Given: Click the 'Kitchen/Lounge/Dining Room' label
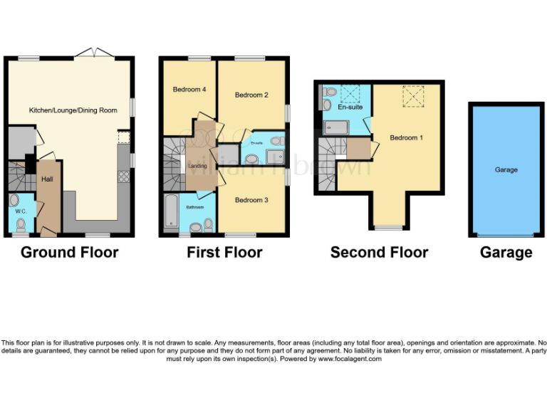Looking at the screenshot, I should pyautogui.click(x=73, y=110).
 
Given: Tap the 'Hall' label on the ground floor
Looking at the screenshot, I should pyautogui.click(x=47, y=180).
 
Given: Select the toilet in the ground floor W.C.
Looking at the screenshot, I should pyautogui.click(x=20, y=225).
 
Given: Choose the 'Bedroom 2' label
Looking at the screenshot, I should pyautogui.click(x=251, y=95).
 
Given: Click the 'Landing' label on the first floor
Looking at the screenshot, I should pyautogui.click(x=197, y=167).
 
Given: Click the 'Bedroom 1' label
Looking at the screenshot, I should pyautogui.click(x=407, y=137).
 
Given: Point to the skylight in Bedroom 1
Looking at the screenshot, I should pyautogui.click(x=412, y=96).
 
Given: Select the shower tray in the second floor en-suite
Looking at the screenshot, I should pyautogui.click(x=335, y=127).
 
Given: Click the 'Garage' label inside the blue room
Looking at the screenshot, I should pyautogui.click(x=506, y=170).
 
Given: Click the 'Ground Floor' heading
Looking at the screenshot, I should pyautogui.click(x=69, y=253).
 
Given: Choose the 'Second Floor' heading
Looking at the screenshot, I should pyautogui.click(x=379, y=253).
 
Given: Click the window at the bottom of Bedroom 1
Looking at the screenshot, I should pyautogui.click(x=389, y=228).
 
